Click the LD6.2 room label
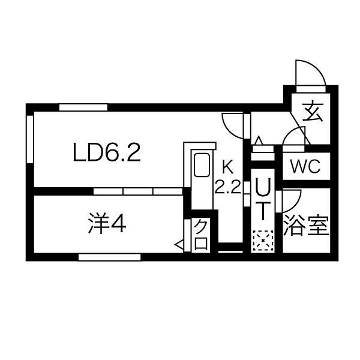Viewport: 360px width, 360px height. [107, 152]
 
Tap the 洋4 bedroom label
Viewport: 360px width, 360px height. [107, 223]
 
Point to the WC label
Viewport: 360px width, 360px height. [305, 166]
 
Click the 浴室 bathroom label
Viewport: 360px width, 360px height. [307, 226]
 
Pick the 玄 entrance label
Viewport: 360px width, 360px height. [313, 112]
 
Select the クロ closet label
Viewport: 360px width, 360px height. [201, 234]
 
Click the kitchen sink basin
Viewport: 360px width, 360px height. [202, 165]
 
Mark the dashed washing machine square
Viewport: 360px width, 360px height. [263, 241]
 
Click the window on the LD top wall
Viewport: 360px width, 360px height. [83, 107]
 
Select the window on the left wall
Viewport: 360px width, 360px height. [30, 139]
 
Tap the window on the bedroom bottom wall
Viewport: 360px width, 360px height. [110, 257]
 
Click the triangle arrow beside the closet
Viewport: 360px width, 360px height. [179, 245]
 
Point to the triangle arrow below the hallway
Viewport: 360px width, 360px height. [259, 140]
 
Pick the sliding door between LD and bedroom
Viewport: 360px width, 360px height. [138, 191]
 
